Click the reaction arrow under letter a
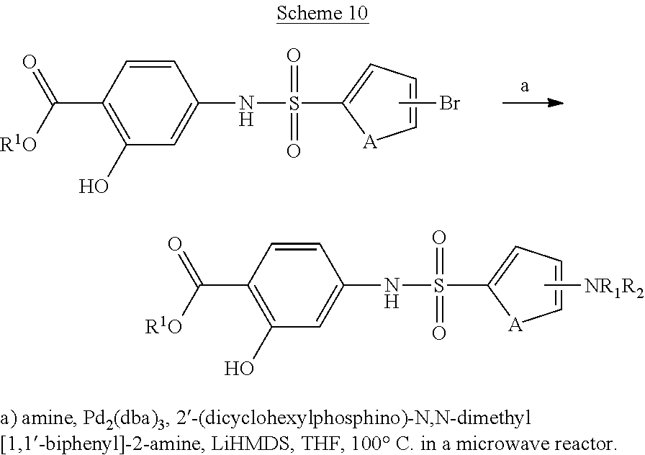pyautogui.click(x=532, y=103)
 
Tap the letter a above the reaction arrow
pyautogui.click(x=525, y=86)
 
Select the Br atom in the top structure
pyautogui.click(x=449, y=104)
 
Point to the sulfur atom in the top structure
pyautogui.click(x=293, y=104)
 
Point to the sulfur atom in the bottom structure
pyautogui.click(x=438, y=287)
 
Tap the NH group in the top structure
pyautogui.click(x=245, y=110)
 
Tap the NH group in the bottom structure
pyautogui.click(x=391, y=292)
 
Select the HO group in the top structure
pyautogui.click(x=94, y=187)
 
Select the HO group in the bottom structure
pyautogui.click(x=239, y=370)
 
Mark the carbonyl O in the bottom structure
pyautogui.click(x=175, y=244)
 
